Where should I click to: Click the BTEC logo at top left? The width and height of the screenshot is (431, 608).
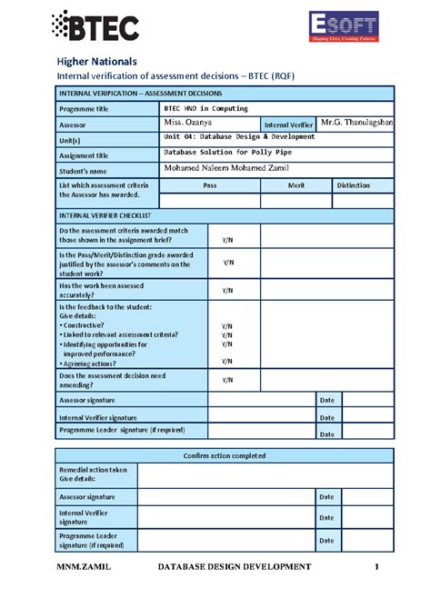[x=95, y=27]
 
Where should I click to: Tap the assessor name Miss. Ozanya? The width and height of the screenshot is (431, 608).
[x=187, y=122]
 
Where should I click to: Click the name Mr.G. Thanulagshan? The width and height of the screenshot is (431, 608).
[x=356, y=122]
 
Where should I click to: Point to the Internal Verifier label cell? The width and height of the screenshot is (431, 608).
[x=288, y=124]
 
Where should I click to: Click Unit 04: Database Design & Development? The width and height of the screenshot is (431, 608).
[x=238, y=136]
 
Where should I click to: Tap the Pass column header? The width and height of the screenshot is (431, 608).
[x=209, y=184]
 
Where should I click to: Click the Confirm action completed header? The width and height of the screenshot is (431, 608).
[x=225, y=455]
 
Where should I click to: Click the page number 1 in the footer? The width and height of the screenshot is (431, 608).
[x=376, y=567]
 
